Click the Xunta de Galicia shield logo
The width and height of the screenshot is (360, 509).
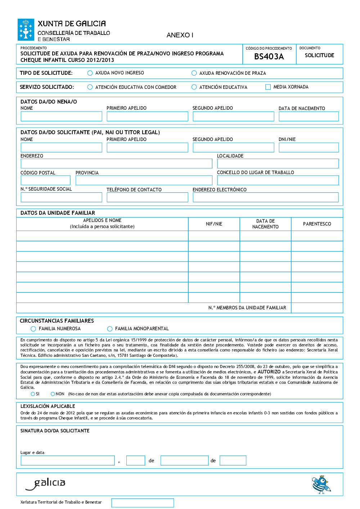click(x=26, y=29)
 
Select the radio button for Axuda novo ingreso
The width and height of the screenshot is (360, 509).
click(x=90, y=73)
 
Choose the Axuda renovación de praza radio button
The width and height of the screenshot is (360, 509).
click(x=194, y=73)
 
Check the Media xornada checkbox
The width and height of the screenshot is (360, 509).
click(x=268, y=87)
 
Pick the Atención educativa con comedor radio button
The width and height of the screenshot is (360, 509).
click(x=90, y=87)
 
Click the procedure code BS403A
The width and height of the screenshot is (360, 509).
click(x=269, y=56)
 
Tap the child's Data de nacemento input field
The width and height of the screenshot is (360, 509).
click(x=309, y=116)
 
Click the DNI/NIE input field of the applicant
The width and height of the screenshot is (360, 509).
click(x=309, y=147)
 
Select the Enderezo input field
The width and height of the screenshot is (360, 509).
click(x=116, y=163)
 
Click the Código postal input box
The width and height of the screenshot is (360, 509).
click(x=45, y=180)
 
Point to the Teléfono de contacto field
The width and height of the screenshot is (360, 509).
click(x=147, y=197)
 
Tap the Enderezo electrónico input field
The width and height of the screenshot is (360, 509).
click(x=265, y=197)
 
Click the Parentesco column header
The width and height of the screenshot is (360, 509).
click(x=317, y=224)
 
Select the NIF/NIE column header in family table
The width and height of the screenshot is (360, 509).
click(x=214, y=224)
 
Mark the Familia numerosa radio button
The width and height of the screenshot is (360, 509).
click(x=33, y=329)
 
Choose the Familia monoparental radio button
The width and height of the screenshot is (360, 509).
click(x=110, y=329)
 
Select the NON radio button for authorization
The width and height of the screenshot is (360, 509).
click(x=53, y=394)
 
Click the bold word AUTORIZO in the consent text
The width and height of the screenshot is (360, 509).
click(x=269, y=372)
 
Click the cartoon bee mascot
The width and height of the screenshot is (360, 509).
click(x=321, y=484)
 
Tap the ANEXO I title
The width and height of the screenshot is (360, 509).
click(x=180, y=35)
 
